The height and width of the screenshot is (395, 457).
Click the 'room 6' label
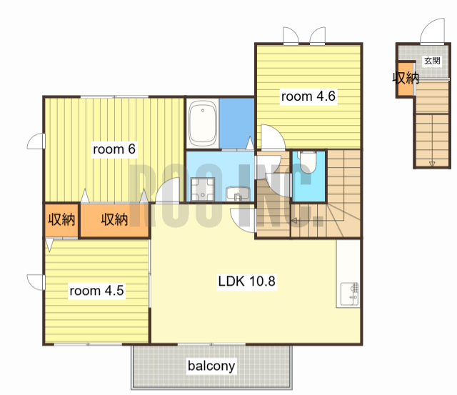tap(114, 149)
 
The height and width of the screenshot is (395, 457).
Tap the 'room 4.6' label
tap(308, 96)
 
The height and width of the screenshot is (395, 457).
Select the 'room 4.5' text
tap(97, 291)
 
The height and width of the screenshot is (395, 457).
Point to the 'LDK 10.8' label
tap(246, 281)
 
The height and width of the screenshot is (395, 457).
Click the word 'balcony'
tap(211, 366)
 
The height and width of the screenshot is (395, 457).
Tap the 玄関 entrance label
tap(432, 61)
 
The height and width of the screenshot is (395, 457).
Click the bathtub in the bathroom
tap(203, 124)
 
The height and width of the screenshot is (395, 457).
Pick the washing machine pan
tap(203, 189)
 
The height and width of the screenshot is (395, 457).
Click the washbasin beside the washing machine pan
tap(238, 194)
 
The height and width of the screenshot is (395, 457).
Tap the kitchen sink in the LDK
tap(349, 294)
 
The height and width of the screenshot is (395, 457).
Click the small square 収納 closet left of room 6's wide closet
tap(61, 220)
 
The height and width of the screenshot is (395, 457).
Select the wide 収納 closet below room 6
tap(114, 220)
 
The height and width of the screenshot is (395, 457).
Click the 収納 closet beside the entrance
tap(406, 79)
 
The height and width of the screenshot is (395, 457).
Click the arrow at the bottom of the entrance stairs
tap(432, 164)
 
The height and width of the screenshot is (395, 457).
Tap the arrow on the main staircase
tap(294, 221)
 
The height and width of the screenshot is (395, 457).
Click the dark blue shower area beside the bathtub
tap(236, 124)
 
